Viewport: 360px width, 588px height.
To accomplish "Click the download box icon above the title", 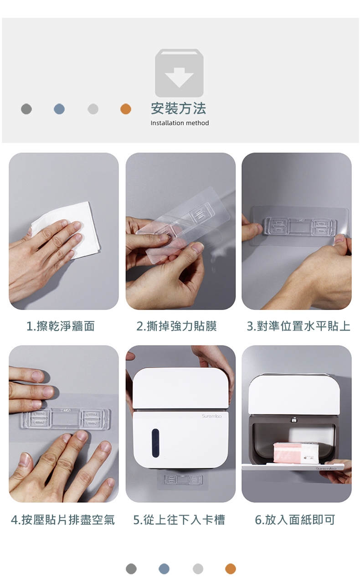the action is (179, 73).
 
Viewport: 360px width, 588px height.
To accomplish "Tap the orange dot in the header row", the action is (126, 109).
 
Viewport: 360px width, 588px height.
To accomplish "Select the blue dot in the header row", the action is (59, 109).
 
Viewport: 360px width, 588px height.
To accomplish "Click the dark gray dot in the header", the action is (26, 109).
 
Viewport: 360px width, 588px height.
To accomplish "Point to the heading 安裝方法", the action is (179, 108).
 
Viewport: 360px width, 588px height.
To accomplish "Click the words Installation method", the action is (180, 123).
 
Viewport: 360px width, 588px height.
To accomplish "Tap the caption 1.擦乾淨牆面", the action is (61, 326).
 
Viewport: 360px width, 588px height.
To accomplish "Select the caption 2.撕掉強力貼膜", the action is (177, 326).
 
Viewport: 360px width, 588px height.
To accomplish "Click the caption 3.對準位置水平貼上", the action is (298, 326).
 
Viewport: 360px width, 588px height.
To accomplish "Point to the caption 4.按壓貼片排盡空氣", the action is (63, 520).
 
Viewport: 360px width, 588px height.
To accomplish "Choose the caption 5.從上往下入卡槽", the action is (179, 520).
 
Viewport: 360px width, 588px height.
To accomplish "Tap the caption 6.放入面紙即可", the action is (295, 520).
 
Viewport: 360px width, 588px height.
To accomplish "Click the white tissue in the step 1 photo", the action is (70, 228).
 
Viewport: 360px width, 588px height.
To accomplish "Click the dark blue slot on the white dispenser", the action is (155, 444).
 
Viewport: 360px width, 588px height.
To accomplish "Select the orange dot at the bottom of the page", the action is (231, 569).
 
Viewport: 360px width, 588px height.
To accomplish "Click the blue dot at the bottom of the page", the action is (164, 569).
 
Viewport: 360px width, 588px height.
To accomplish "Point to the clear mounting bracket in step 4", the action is (66, 418).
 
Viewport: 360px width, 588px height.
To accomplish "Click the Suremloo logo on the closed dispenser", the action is (212, 416).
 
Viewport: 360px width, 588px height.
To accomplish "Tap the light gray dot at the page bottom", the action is (198, 569).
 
